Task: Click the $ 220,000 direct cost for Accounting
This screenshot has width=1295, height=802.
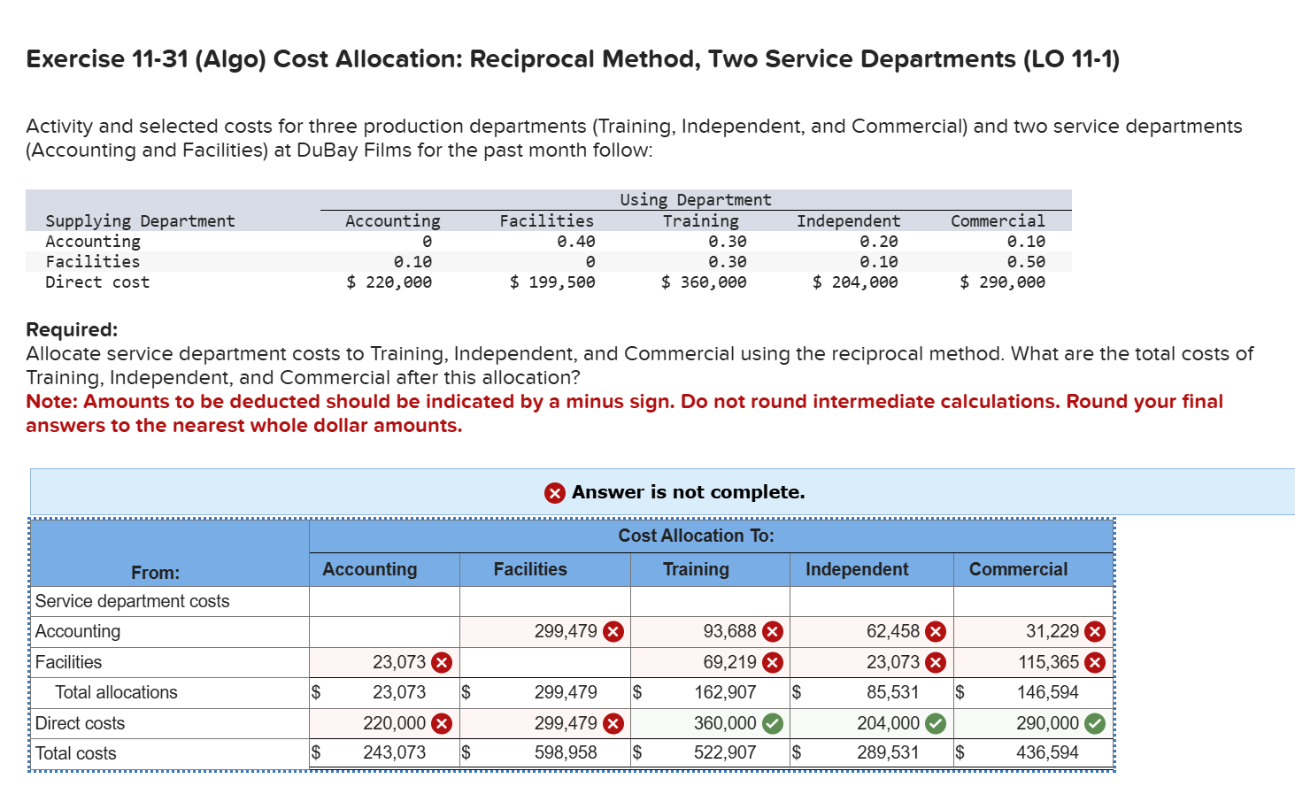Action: pyautogui.click(x=389, y=282)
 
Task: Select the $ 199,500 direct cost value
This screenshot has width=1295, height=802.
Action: pyautogui.click(x=552, y=282)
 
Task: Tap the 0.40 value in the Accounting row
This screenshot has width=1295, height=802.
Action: pyautogui.click(x=575, y=242)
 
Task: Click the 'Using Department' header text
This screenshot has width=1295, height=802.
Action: pyautogui.click(x=695, y=200)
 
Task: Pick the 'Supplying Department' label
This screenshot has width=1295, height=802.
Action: pyautogui.click(x=140, y=221)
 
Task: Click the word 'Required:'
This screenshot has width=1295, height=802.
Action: pyautogui.click(x=72, y=329)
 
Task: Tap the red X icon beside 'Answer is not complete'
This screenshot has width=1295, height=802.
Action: pyautogui.click(x=555, y=493)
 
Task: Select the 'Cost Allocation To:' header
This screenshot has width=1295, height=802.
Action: pyautogui.click(x=696, y=536)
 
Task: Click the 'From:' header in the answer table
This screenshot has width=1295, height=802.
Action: pyautogui.click(x=155, y=573)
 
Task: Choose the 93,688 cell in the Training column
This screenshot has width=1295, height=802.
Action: pyautogui.click(x=729, y=631)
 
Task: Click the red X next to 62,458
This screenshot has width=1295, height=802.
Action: pyautogui.click(x=936, y=632)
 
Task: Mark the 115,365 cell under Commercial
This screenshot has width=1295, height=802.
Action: pyautogui.click(x=1048, y=662)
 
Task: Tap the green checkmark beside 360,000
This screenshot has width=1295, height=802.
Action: pyautogui.click(x=773, y=724)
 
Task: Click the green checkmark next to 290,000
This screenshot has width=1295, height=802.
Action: pyautogui.click(x=1095, y=724)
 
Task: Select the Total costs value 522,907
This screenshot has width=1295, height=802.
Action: pyautogui.click(x=725, y=753)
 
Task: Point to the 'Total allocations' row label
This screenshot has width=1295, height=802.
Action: pyautogui.click(x=116, y=692)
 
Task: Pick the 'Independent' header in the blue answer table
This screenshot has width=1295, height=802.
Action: pyautogui.click(x=857, y=569)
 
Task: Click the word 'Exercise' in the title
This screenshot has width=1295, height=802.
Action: pyautogui.click(x=75, y=59)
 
